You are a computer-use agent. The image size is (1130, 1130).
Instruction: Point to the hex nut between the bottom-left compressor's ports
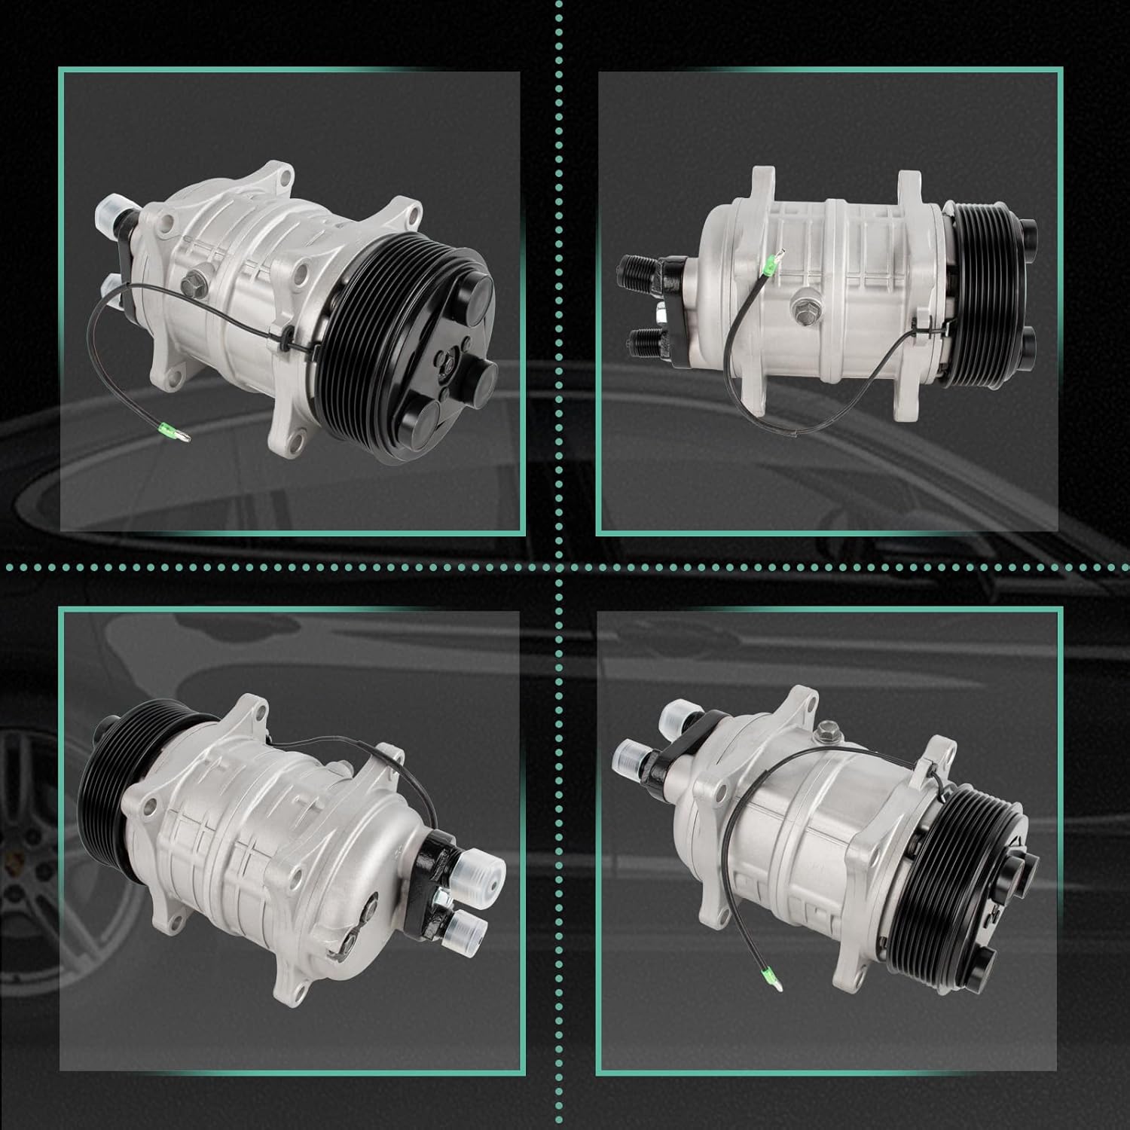click(x=440, y=897)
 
